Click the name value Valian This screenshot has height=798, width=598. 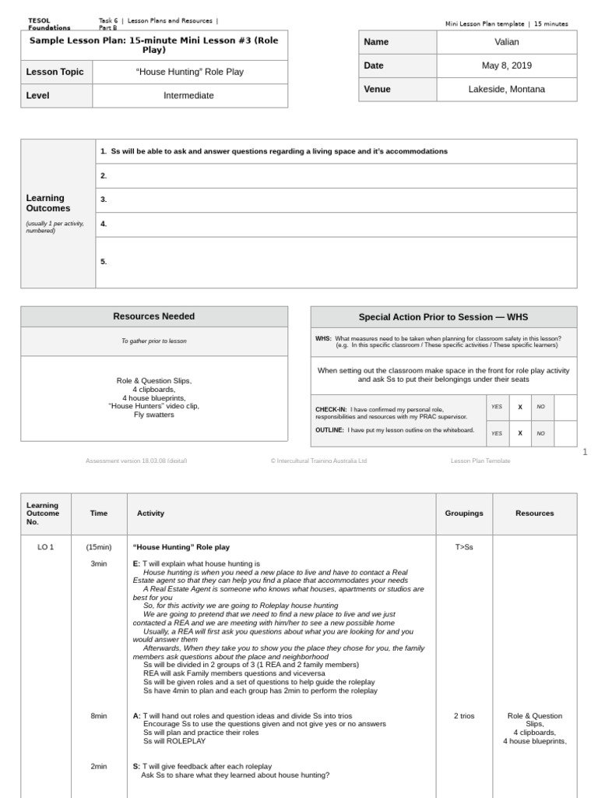[506, 42]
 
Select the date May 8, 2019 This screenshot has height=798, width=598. [506, 65]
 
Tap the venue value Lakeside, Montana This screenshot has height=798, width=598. [506, 90]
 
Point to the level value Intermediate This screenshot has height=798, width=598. [188, 96]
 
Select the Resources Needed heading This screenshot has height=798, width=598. [153, 316]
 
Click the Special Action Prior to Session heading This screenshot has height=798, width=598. [443, 317]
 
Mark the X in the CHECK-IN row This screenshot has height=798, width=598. [520, 407]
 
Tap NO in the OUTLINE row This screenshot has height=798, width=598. [540, 433]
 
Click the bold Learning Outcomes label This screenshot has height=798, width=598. [48, 203]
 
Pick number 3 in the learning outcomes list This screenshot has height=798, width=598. [103, 199]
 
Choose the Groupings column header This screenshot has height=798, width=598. [464, 514]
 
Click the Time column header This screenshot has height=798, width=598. [99, 514]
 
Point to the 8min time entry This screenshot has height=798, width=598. [99, 715]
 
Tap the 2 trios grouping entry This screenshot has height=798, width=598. [463, 715]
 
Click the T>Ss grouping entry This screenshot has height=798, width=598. [463, 547]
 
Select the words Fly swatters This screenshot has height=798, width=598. [153, 415]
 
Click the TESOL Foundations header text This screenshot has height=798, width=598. [48, 24]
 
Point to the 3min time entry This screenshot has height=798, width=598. [99, 563]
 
